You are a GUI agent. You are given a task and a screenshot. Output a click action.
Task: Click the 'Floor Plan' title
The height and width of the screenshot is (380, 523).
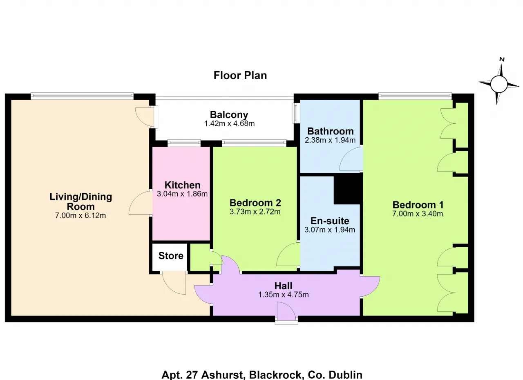pos(240,76)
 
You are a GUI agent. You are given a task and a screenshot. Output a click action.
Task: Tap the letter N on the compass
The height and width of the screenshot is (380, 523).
pos(502,59)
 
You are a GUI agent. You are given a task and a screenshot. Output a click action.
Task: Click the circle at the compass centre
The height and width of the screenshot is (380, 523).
pos(499,84)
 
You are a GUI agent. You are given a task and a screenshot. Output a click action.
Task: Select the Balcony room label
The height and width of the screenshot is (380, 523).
pos(229,114)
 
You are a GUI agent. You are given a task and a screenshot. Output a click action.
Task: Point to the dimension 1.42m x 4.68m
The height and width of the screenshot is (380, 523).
pos(229,123)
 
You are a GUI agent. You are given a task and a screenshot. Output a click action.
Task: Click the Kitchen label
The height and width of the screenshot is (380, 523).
pos(182,185)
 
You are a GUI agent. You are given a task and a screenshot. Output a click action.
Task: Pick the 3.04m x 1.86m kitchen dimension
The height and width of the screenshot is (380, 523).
pos(182,194)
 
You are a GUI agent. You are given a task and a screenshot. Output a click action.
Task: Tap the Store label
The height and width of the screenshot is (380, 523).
pos(171,256)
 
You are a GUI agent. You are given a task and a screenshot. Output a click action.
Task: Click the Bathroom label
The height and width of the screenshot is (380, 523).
pos(330,131)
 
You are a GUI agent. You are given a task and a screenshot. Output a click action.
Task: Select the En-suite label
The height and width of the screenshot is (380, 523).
pos(330,221)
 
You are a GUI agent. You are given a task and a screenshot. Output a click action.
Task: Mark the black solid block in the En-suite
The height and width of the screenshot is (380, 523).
pos(348,189)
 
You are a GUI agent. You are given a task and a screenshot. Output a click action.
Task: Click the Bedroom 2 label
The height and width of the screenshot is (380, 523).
pos(255,203)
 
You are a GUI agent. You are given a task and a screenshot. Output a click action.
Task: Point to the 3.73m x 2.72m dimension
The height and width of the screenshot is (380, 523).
pos(255,212)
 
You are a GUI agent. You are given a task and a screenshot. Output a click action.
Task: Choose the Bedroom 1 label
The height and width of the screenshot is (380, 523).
pos(418,205)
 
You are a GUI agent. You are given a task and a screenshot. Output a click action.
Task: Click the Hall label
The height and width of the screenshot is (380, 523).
pos(283,286)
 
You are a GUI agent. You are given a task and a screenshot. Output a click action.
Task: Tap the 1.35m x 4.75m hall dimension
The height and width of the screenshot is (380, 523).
pos(283,294)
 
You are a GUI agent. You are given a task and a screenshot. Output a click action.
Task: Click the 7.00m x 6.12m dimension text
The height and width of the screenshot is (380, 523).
pos(80,215)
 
